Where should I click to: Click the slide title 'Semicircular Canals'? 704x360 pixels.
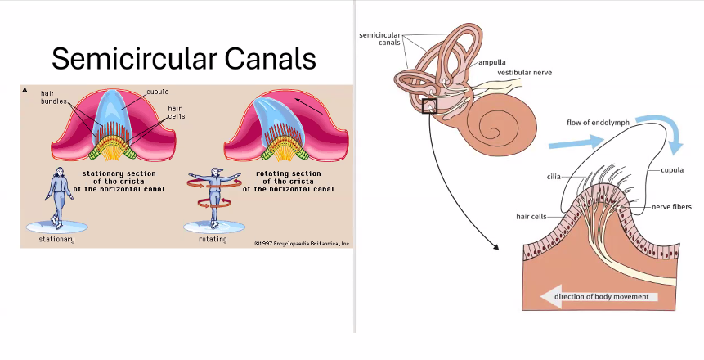pos(183,59)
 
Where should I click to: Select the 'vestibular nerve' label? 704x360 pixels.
pos(524,73)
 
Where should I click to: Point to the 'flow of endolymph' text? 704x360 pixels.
pos(598,123)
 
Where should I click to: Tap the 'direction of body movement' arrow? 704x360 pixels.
pos(601,296)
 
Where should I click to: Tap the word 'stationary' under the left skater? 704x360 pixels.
pos(56,240)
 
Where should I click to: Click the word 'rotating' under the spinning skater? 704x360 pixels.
pos(213,240)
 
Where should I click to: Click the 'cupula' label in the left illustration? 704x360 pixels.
pos(157,92)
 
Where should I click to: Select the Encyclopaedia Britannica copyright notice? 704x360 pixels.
pos(302,243)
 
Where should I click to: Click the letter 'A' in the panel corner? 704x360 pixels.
pos(25,92)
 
